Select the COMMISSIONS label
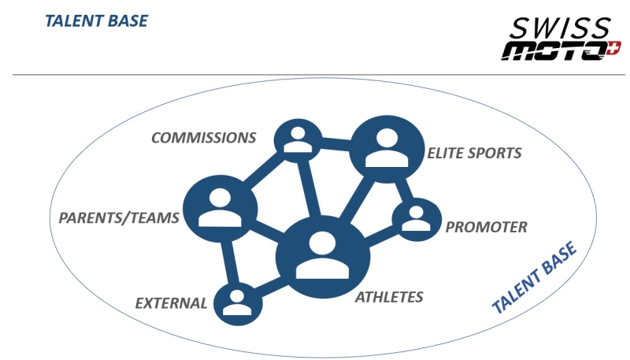(x=204, y=138)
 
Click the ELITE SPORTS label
(x=474, y=153)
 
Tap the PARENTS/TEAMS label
(x=120, y=217)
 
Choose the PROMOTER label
(x=486, y=228)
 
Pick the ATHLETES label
(x=389, y=297)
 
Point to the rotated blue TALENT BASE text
(x=534, y=277)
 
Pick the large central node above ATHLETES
(x=322, y=254)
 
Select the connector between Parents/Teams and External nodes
(x=228, y=261)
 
